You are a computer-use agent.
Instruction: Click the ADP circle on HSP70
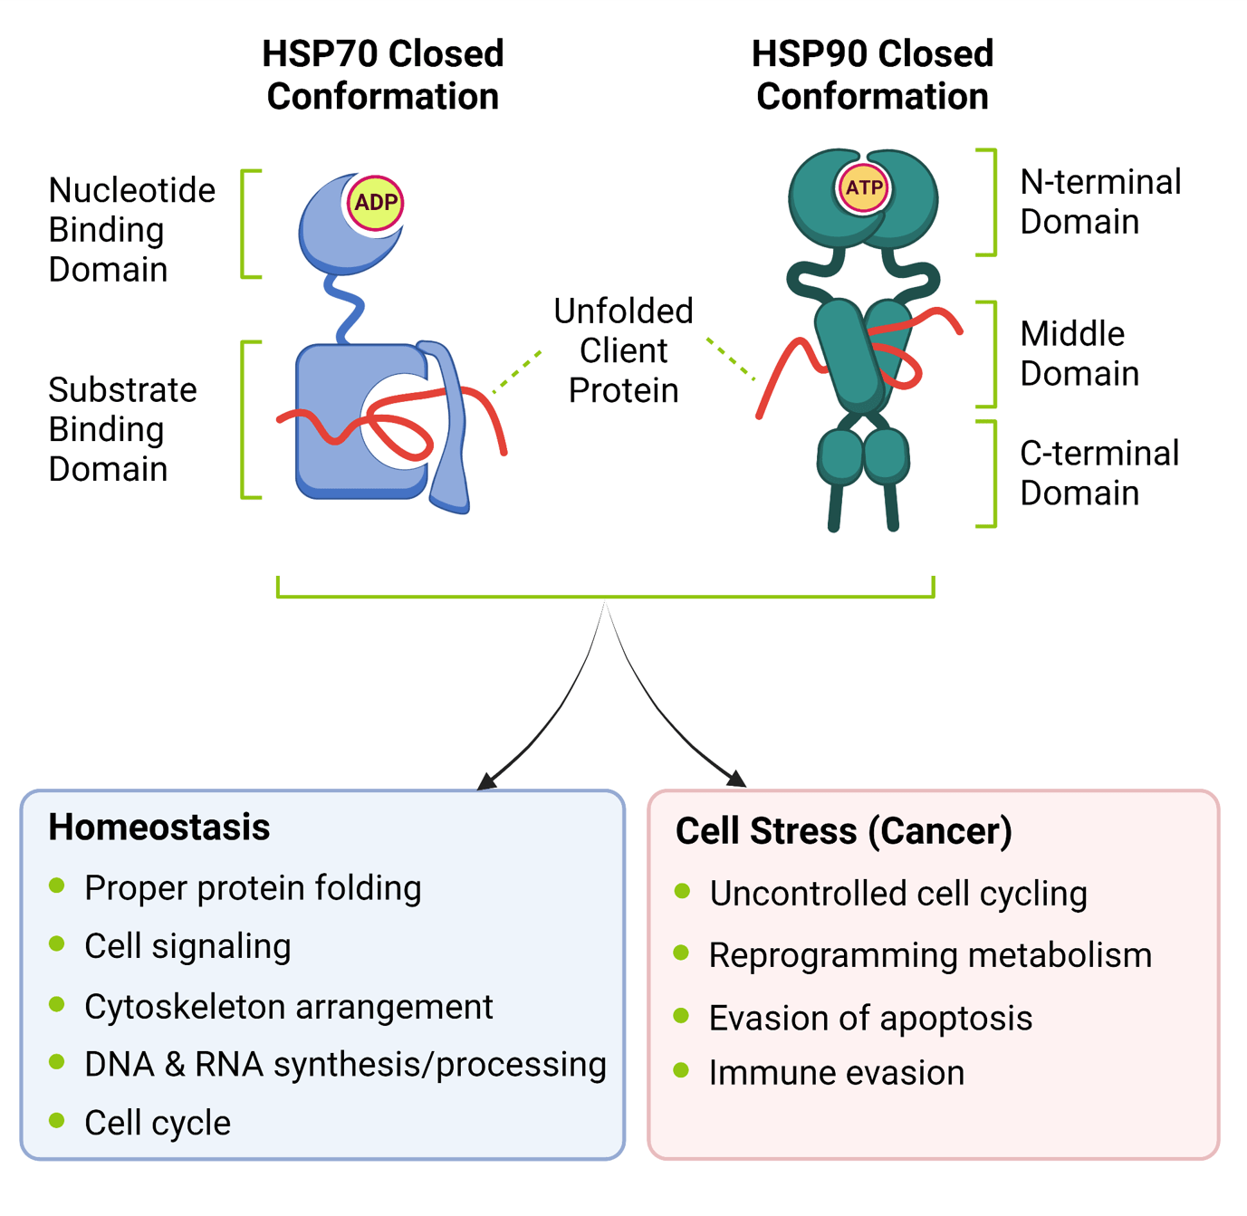375,202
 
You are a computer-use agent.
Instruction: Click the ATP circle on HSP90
863,187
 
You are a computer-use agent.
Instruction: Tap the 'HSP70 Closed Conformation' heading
382,75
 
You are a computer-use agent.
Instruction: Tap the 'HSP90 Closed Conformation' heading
872,75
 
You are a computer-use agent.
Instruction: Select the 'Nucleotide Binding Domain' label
131,230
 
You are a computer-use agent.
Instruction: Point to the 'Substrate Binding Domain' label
122,429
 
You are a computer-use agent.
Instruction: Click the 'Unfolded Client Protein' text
623,350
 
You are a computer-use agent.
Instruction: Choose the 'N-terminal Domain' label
1099,202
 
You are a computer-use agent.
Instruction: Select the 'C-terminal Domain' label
1098,474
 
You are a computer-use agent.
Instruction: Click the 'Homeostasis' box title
159,828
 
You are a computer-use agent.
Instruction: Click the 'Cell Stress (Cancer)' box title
843,831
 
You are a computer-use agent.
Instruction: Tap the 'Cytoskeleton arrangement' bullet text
288,1007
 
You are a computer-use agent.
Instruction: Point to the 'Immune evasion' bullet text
836,1073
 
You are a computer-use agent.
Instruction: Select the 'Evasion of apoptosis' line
869,1019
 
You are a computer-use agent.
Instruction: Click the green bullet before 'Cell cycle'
57,1120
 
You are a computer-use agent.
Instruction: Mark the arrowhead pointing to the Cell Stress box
735,778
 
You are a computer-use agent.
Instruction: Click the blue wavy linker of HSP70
346,306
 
